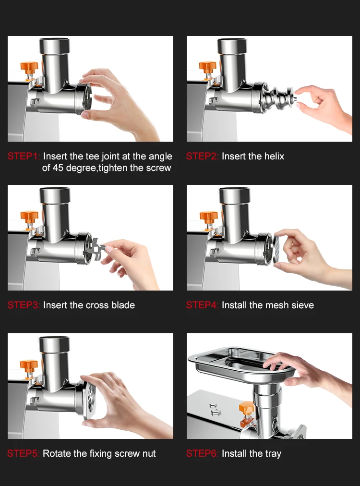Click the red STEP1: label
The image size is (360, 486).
[24, 157]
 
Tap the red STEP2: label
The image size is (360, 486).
[203, 157]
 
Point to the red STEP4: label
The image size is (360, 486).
[203, 305]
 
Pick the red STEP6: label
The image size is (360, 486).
[203, 453]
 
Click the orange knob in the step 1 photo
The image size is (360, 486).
[29, 65]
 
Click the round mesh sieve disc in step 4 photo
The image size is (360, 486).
[279, 247]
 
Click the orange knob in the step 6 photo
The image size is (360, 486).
[246, 408]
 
